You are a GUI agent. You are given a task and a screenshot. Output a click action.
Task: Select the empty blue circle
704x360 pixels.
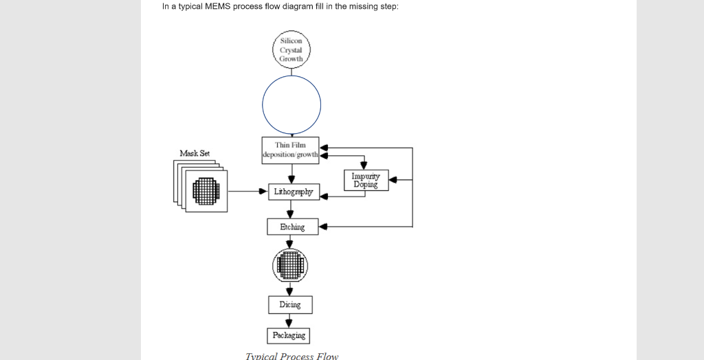click(x=291, y=104)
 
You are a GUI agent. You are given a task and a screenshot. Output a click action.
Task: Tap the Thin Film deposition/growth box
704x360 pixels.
click(x=291, y=150)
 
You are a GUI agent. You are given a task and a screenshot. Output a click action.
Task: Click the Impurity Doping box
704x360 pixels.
click(x=366, y=180)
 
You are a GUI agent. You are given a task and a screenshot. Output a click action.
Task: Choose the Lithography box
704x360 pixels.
click(x=293, y=192)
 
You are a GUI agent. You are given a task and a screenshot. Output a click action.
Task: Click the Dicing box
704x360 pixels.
click(x=290, y=304)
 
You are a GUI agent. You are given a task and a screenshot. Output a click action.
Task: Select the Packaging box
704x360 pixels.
click(x=289, y=335)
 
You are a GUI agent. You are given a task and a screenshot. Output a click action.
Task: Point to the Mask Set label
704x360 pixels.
click(x=195, y=153)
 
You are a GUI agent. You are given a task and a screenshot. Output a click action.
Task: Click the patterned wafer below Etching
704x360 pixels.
click(x=290, y=265)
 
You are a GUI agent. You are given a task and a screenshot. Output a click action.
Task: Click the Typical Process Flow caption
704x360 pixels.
click(x=292, y=356)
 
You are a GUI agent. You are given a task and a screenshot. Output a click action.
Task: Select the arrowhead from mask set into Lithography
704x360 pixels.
click(x=263, y=191)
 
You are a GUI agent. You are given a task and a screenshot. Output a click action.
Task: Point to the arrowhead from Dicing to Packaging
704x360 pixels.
click(x=289, y=324)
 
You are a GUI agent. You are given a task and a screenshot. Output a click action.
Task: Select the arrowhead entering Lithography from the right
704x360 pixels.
click(x=324, y=196)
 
